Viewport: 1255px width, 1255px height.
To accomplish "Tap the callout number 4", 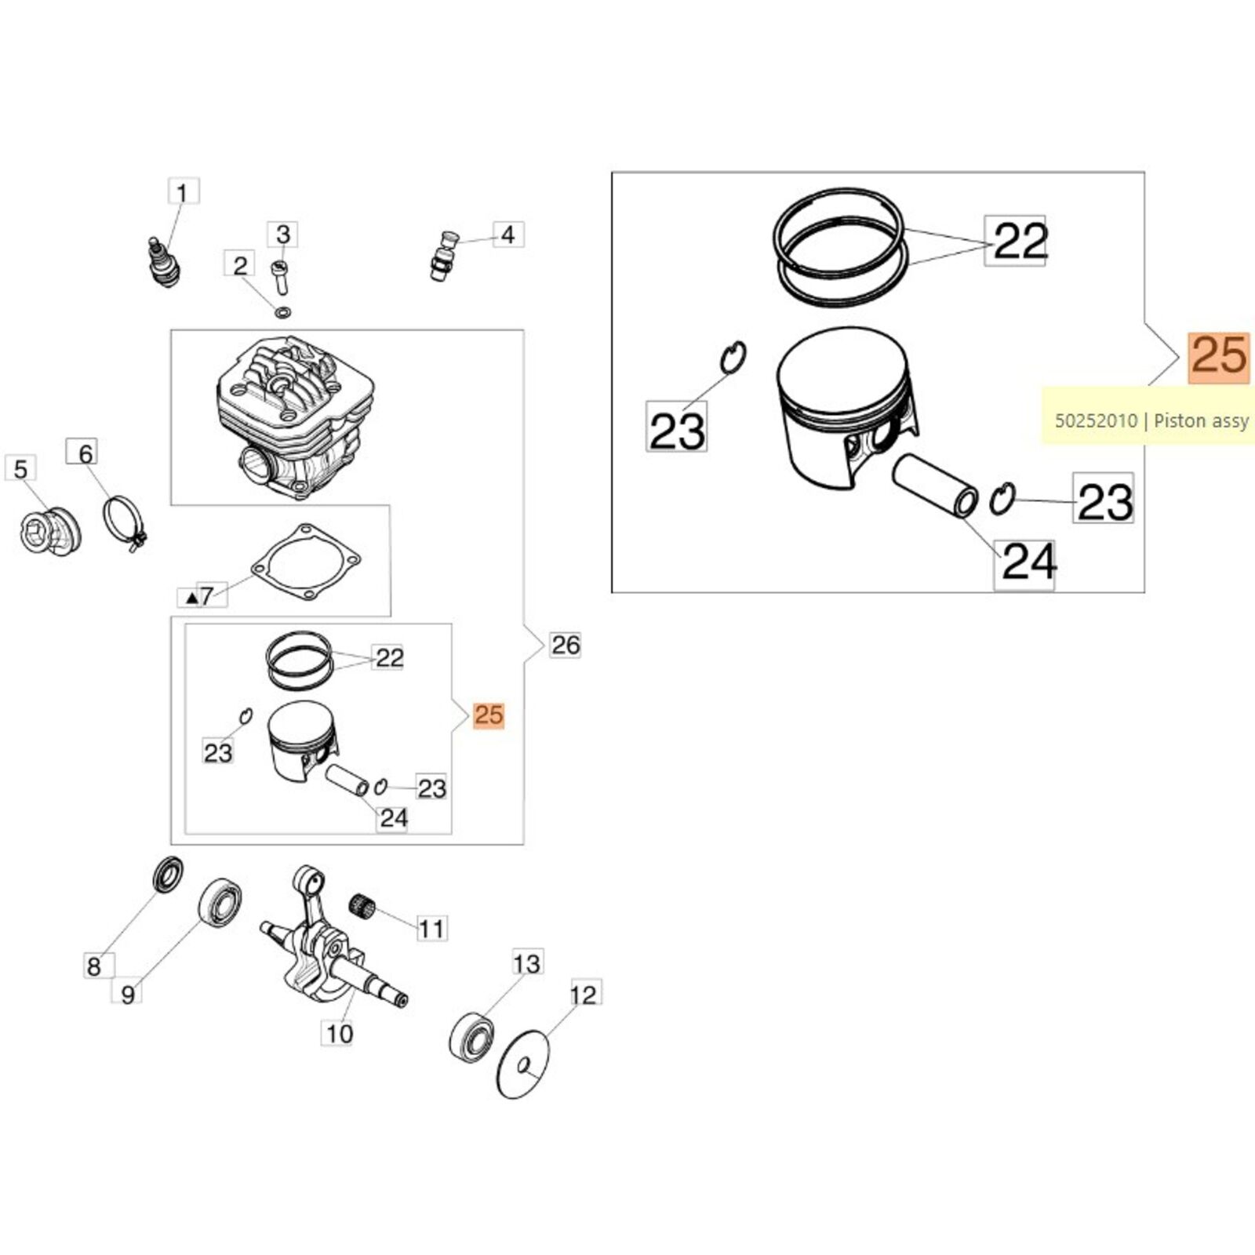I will coord(507,235).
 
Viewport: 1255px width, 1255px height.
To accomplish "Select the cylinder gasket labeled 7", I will coord(307,562).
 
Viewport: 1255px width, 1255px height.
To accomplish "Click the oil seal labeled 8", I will coord(167,875).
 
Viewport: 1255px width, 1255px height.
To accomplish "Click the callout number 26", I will coord(566,646).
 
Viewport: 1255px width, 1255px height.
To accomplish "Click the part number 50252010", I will coord(1096,421).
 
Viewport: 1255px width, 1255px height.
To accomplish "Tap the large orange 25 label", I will coord(1219,356).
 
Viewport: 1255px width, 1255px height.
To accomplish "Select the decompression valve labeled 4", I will coord(444,255).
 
